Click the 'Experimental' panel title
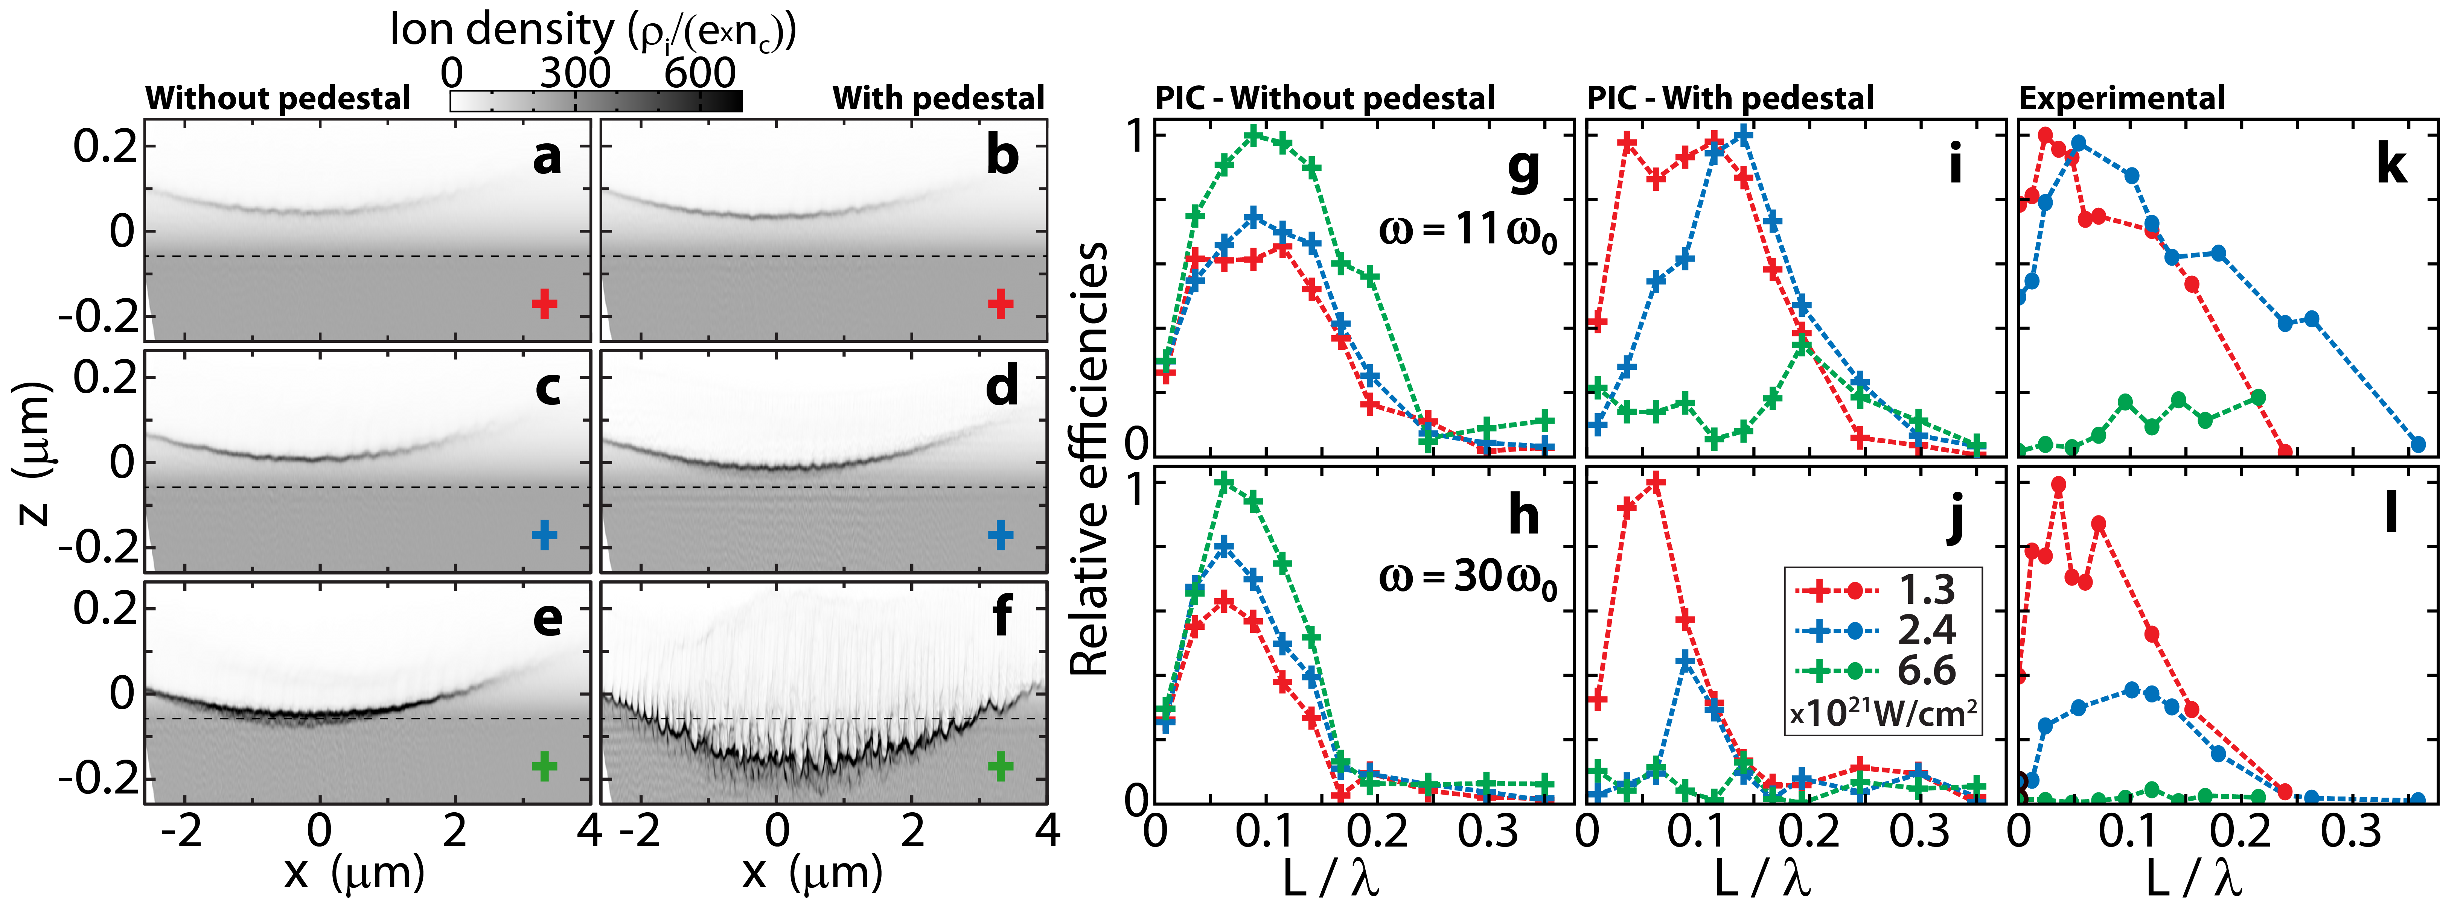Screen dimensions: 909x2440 (2122, 97)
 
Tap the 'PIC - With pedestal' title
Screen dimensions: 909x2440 (1730, 97)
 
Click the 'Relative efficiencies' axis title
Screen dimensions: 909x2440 (1089, 459)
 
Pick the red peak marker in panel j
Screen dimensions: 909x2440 (1656, 483)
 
